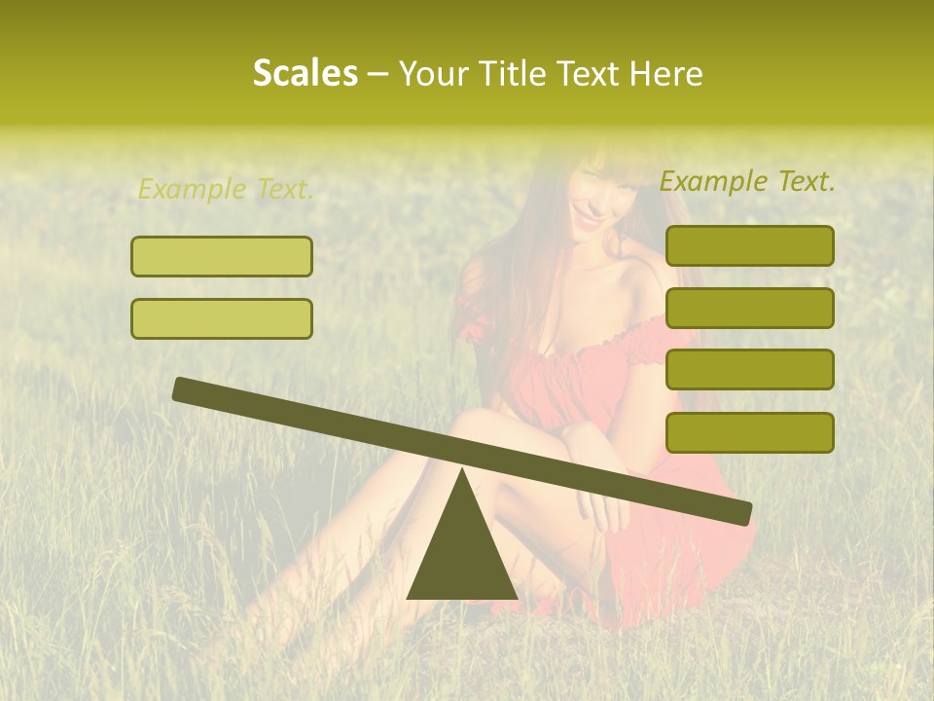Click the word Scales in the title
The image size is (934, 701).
(x=305, y=73)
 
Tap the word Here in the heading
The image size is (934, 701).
(x=665, y=73)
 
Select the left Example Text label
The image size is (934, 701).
(x=226, y=189)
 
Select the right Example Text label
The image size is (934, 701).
(x=747, y=181)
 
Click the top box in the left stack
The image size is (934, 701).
(x=222, y=256)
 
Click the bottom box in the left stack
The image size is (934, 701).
(x=222, y=318)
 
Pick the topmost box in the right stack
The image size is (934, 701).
(x=749, y=245)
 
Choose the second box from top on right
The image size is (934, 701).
(x=749, y=308)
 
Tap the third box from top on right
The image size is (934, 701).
(x=749, y=370)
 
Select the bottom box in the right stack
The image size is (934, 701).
(x=749, y=432)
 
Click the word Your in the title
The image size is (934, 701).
(x=435, y=73)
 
